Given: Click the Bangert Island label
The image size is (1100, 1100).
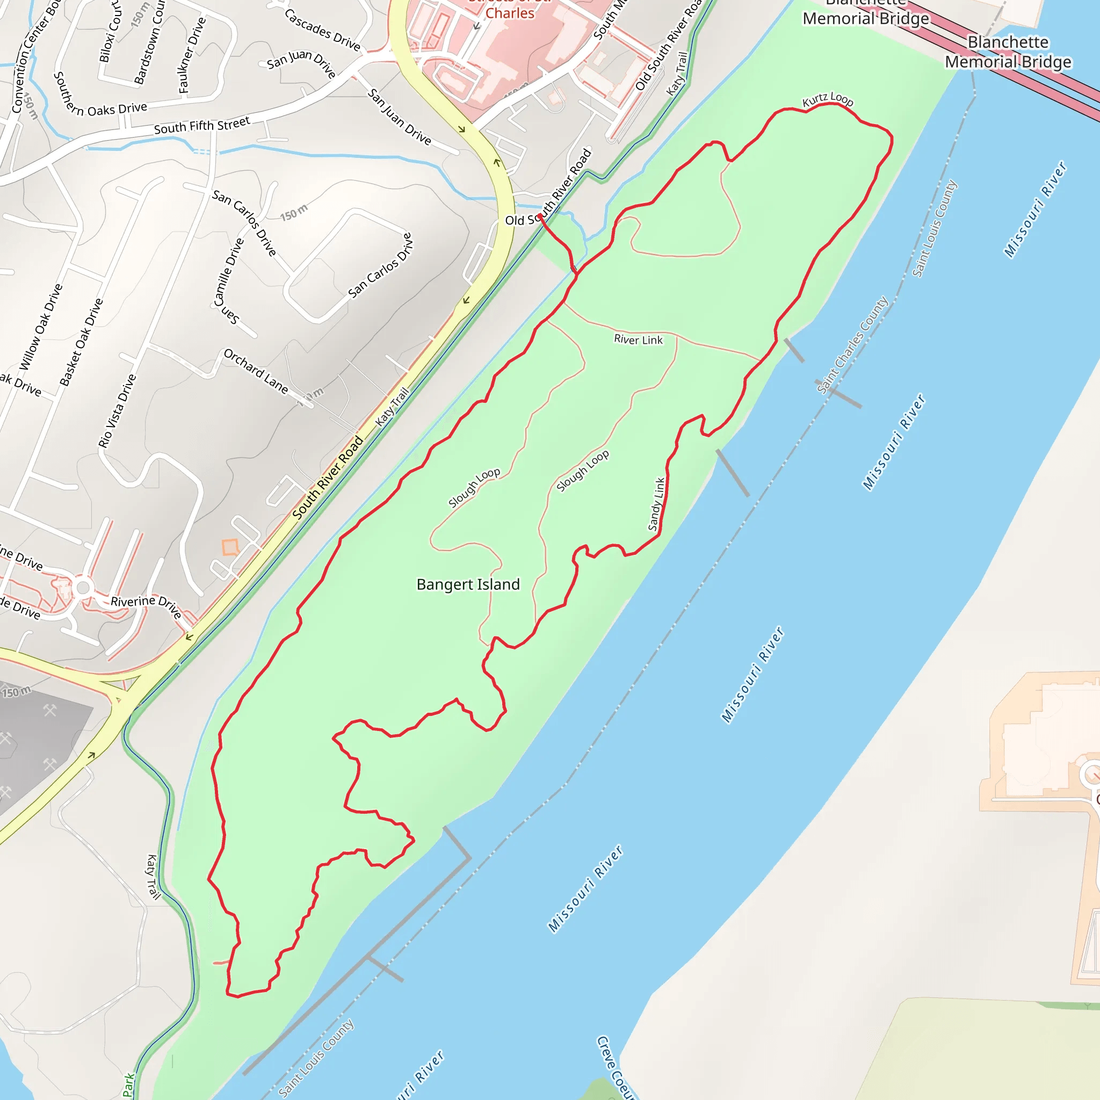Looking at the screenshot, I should pos(468,585).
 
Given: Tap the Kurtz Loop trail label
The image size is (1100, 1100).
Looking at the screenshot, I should pos(827,100).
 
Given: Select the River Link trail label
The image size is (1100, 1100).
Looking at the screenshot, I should pos(638,340).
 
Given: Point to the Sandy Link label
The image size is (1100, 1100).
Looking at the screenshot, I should pos(656,504).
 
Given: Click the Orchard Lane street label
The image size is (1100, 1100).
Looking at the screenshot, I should pos(256,371).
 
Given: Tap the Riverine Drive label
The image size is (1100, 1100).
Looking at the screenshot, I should pos(146,606).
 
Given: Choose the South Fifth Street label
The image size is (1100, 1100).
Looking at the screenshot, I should pos(202,125).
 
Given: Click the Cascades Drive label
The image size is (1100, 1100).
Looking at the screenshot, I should pos(322,30).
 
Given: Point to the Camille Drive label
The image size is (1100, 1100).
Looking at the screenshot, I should pos(229,272).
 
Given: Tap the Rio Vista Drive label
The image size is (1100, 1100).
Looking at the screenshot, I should pos(117,410).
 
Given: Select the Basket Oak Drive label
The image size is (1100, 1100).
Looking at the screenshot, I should pos(82,342).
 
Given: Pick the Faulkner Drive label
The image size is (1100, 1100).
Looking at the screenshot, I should pos(191,55).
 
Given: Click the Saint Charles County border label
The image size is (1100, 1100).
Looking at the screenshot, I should pos(852,345).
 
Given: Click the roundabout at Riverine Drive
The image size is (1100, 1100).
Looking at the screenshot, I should pos(83,588).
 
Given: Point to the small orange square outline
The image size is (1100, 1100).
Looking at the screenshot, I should pos(230,548).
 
